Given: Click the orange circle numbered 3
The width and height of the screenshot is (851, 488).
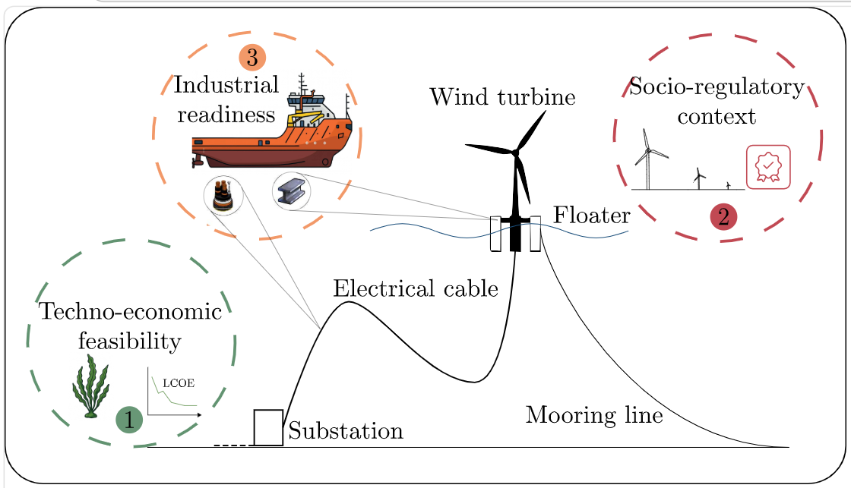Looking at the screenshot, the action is click(252, 58).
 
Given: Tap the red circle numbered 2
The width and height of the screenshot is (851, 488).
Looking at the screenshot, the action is click(723, 217).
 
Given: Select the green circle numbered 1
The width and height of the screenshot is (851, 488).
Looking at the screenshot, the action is click(129, 420).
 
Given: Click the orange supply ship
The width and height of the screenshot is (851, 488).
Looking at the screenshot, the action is click(272, 124).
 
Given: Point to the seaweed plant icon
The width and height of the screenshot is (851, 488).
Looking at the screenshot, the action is click(90, 386).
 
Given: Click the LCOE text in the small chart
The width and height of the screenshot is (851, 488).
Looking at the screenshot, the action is click(179, 383).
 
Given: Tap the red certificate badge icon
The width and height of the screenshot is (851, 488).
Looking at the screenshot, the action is click(768, 167).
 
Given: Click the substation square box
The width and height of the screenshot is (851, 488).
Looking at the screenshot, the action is click(268, 428).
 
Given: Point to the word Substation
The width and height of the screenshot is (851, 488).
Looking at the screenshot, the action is click(346, 431).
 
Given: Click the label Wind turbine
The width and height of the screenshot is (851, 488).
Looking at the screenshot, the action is click(502, 97).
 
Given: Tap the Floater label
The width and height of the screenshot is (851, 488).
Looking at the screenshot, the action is click(592, 216).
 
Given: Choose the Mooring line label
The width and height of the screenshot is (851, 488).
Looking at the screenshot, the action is click(594, 415).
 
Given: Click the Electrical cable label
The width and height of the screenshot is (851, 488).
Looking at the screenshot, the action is click(416, 288).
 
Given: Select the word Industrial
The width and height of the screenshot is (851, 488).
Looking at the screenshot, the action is click(226, 85).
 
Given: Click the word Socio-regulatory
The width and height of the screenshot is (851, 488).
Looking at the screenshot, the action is click(717, 87).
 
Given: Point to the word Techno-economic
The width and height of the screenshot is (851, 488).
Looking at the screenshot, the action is click(130, 311).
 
